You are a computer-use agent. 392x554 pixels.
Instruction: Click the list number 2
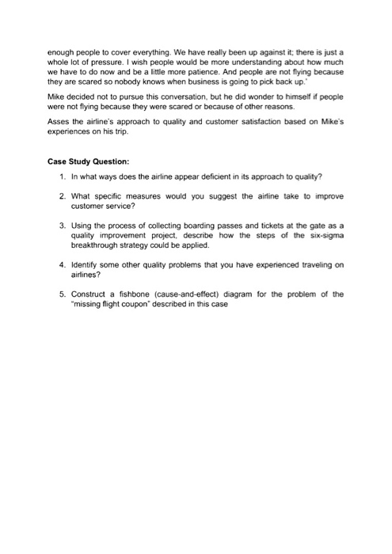[61, 195]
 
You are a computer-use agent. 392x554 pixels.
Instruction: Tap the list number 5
[61, 294]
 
